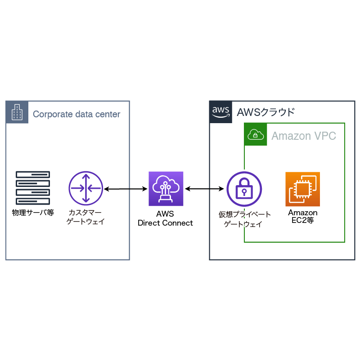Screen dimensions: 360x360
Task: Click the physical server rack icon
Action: coord(33,188)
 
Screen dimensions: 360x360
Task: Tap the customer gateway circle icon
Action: coord(85,188)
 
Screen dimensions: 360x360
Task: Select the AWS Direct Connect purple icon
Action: coord(166,188)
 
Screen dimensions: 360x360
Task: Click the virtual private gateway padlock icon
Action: coord(244,189)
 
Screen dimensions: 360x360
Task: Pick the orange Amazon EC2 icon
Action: coord(302,189)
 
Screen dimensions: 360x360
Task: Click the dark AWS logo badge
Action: coord(221,112)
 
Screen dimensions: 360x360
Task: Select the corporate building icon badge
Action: coord(17,112)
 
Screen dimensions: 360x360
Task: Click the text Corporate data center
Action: coord(76,114)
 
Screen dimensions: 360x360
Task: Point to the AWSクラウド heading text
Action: coord(265,112)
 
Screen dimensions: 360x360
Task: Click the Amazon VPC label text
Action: coord(304,136)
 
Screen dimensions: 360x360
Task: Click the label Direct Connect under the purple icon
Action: coord(165,223)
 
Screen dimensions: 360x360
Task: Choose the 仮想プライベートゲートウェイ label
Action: coord(244,219)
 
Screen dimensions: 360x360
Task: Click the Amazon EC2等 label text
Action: coord(303,217)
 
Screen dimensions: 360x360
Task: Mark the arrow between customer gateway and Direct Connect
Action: coord(126,189)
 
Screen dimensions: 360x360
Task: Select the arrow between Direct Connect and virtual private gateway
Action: coord(205,189)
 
